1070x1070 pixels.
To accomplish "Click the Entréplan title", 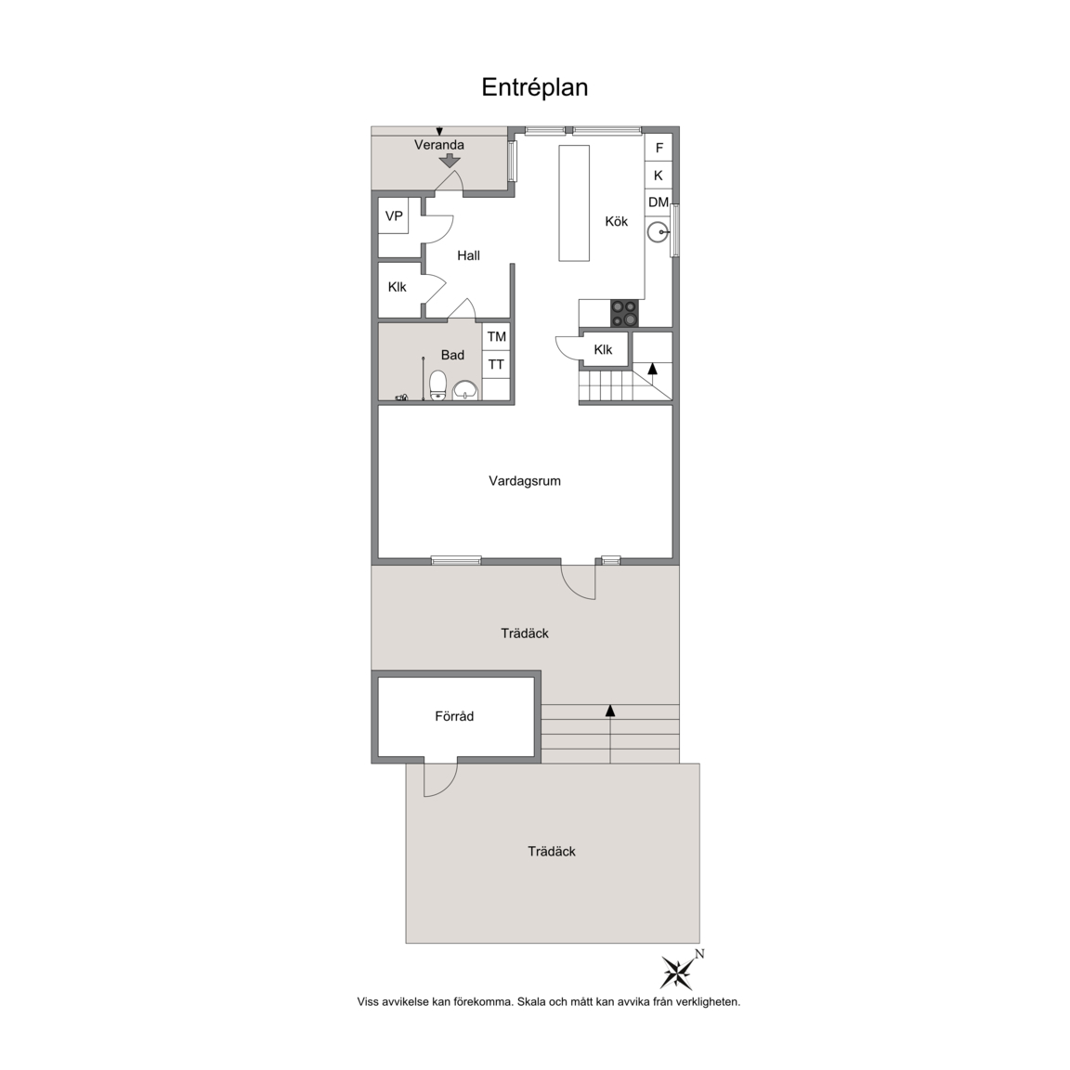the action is coord(534,87).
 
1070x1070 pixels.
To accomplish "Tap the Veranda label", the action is coord(439,145).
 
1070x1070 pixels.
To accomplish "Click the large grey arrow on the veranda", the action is coord(449,161).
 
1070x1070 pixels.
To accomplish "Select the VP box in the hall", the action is coord(394,215).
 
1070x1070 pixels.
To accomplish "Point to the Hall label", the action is coord(468,256).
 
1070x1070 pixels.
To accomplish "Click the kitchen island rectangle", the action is coord(574,202).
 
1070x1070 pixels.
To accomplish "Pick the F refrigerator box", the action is coord(659,148).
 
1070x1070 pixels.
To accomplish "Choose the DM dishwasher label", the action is coord(659,202).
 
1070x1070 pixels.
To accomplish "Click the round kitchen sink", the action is coord(658,232).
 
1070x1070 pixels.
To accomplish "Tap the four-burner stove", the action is coord(625,313).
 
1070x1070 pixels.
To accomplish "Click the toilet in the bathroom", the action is coord(437,385).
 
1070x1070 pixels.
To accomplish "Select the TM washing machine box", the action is coord(497,336).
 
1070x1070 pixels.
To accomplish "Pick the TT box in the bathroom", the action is coord(497,364).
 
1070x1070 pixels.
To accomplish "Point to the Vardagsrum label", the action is coord(525,481).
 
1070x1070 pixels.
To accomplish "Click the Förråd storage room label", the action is coord(454,716).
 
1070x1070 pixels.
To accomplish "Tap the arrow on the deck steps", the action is coord(610,734).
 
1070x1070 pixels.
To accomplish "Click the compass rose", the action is coord(677,972).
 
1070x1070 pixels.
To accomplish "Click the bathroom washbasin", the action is coord(466,390).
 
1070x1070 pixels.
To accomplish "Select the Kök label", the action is coord(616,221).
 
